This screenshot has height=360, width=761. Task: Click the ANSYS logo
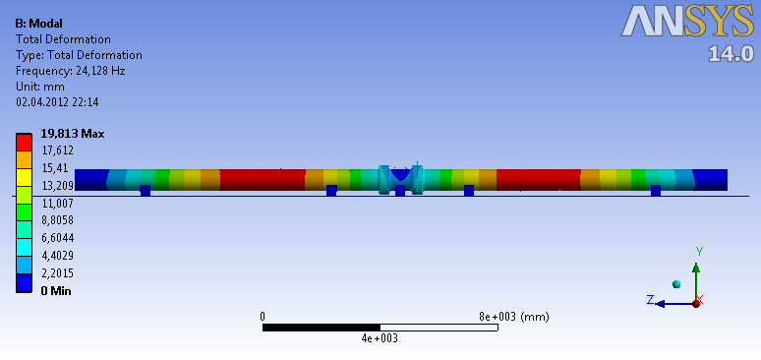[x=687, y=21]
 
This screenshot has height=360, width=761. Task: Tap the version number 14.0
[x=730, y=53]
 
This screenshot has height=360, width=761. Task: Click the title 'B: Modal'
[x=38, y=23]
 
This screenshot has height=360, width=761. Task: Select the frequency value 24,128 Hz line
[x=71, y=71]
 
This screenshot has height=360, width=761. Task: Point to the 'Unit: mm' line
[x=39, y=87]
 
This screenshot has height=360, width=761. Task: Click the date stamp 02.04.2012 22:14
[x=57, y=102]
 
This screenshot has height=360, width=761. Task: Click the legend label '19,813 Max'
[x=73, y=134]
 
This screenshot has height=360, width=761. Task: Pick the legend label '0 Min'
[x=56, y=291]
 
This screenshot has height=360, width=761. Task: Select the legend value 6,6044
[x=57, y=238]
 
